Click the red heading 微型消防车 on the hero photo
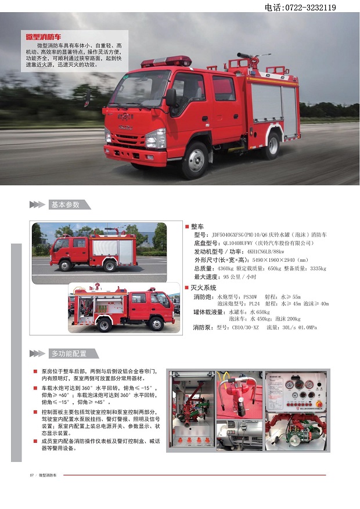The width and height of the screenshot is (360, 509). pyautogui.click(x=44, y=37)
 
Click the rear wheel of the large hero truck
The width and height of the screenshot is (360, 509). pyautogui.click(x=271, y=145)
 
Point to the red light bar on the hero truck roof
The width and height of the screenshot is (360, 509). pyautogui.click(x=170, y=61)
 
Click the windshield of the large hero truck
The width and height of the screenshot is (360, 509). pyautogui.click(x=141, y=89)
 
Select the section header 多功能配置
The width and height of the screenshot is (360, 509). pyautogui.click(x=69, y=353)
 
